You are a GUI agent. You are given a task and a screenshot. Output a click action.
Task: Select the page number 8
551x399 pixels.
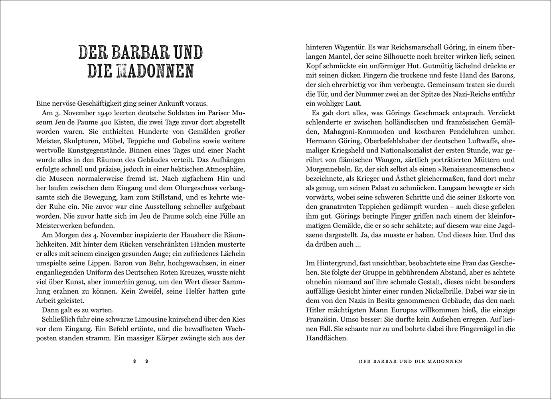[x=135, y=361]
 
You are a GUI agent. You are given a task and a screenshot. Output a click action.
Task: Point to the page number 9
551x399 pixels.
[x=147, y=361]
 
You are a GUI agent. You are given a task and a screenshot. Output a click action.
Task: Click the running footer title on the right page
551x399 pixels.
[x=410, y=361]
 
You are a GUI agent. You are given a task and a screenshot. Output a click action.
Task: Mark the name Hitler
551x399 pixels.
[x=316, y=310]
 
